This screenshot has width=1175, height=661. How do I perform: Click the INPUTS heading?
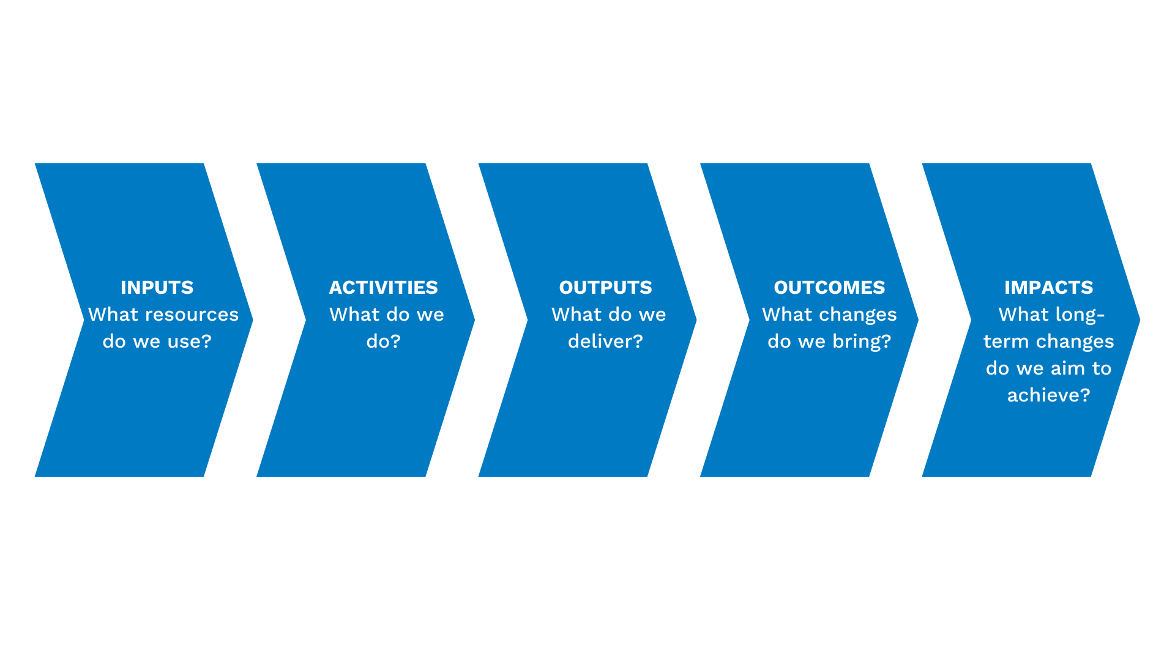click(x=157, y=287)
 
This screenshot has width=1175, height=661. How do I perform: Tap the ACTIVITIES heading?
click(x=383, y=287)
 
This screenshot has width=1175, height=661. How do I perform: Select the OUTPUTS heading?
click(x=605, y=287)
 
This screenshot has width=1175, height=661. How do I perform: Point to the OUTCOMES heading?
click(x=829, y=287)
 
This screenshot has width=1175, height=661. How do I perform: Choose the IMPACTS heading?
click(x=1048, y=287)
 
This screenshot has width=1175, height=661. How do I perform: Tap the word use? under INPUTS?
click(x=189, y=342)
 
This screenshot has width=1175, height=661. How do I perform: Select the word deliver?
click(x=605, y=342)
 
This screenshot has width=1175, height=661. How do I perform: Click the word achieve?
click(x=1048, y=395)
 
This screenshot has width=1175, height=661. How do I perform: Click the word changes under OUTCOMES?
click(x=863, y=315)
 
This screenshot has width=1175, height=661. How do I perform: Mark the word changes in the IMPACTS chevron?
click(x=1075, y=342)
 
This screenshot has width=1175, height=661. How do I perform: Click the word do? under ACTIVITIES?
click(x=383, y=342)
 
